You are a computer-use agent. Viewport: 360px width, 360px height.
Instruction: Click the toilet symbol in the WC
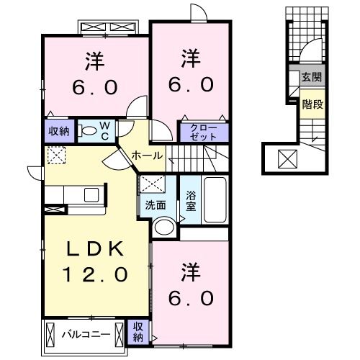click(87, 130)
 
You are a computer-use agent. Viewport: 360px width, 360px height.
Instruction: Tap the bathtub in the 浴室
click(215, 200)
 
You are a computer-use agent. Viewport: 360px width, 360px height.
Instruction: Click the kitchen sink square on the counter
click(91, 194)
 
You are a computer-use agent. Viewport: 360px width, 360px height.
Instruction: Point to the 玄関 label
click(312, 77)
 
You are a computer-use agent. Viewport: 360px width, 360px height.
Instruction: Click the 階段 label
click(312, 104)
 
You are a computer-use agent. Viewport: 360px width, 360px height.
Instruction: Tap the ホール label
click(147, 156)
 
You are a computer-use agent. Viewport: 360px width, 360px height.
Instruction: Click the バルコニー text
click(86, 334)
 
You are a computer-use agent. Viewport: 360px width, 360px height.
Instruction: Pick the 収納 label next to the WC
click(59, 132)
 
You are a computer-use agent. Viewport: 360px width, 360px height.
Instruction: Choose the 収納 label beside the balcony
click(138, 332)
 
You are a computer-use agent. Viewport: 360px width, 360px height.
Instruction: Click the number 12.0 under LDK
click(95, 275)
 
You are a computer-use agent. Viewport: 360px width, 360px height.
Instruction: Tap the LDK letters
click(95, 249)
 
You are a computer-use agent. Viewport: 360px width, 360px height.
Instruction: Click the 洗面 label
click(156, 205)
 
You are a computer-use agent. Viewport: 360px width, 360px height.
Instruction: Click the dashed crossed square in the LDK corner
click(57, 156)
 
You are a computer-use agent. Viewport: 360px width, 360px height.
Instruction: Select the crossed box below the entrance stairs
click(287, 159)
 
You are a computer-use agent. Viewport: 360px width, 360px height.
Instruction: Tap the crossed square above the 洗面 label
click(153, 184)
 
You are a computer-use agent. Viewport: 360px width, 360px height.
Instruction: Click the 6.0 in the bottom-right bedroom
click(191, 298)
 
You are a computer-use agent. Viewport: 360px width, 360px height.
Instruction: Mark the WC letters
click(104, 131)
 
